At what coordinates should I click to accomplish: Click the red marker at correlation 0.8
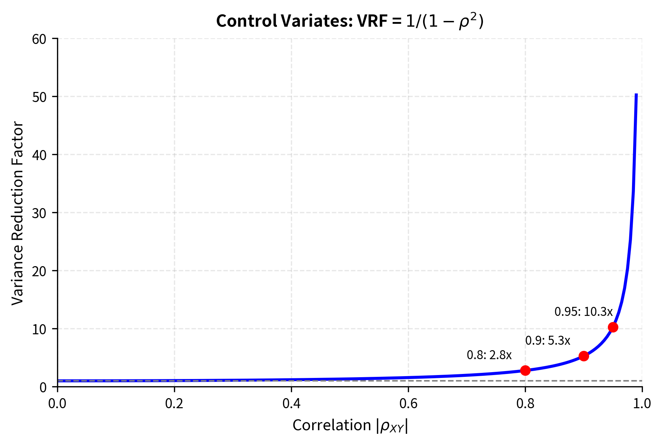[x=525, y=370]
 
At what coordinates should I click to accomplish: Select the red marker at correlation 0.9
[x=584, y=356]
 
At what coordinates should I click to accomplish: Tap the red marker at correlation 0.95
[x=613, y=327]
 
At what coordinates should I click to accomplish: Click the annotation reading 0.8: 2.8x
[x=489, y=355]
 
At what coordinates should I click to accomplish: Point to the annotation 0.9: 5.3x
[x=548, y=340]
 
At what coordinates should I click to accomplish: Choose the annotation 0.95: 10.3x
[x=583, y=312]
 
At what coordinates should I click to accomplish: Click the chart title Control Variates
[x=349, y=21]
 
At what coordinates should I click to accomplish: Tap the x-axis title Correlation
[x=350, y=426]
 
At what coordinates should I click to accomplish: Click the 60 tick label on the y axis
[x=39, y=39]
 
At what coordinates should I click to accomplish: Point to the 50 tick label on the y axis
[x=39, y=97]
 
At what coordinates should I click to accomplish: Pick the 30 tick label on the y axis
[x=39, y=213]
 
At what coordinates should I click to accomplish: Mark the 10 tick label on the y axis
[x=39, y=329]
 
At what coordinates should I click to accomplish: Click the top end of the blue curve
[x=636, y=94]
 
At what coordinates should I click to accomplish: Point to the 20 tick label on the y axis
[x=39, y=271]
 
